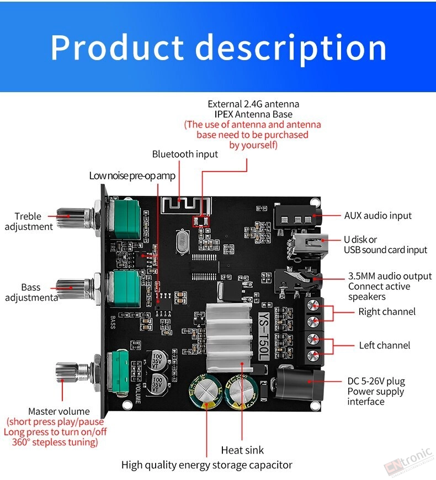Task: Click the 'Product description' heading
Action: tap(219, 47)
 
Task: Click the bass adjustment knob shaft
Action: tap(74, 289)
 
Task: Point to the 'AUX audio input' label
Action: tap(378, 216)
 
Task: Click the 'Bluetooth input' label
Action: tap(185, 154)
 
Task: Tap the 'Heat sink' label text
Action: tap(242, 450)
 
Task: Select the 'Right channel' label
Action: tap(387, 312)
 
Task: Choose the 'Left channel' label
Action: tap(385, 345)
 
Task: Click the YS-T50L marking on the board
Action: tap(263, 337)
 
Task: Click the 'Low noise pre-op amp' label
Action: tap(132, 175)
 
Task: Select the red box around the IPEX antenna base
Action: tap(200, 221)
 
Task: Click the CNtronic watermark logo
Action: tap(409, 462)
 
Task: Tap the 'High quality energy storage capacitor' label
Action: tap(206, 465)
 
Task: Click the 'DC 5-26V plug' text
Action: tap(376, 381)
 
